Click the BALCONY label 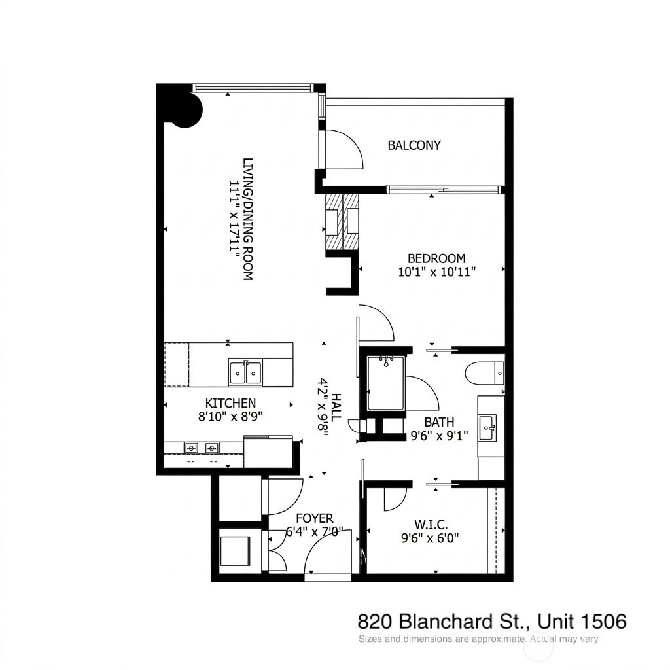point(414,145)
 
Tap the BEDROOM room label point(436,258)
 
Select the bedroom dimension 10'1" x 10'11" point(436,272)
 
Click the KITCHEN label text point(230,403)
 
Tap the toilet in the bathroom point(485,374)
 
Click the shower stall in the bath point(385,383)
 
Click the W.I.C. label point(431,524)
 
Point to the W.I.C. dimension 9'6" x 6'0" point(431,538)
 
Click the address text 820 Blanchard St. point(446,620)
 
